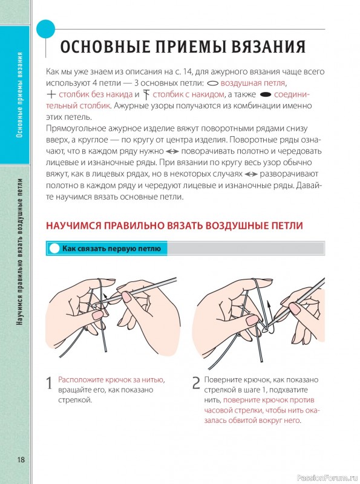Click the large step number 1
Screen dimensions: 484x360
pos(49,384)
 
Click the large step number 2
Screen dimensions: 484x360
pos(195,384)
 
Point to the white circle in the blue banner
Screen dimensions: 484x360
pos(54,248)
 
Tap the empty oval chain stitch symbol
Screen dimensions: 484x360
pos(212,82)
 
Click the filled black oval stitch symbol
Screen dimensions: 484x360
pos(265,94)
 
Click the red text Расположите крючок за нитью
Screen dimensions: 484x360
pos(111,379)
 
